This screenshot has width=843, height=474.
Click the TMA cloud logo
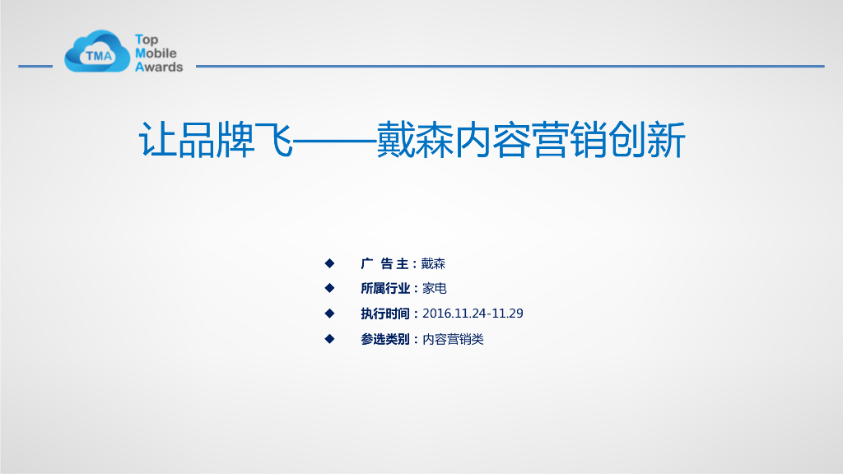(x=97, y=52)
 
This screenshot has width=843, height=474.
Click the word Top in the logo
(x=147, y=39)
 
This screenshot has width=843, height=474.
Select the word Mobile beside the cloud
(x=156, y=53)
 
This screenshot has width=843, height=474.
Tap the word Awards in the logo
(x=159, y=67)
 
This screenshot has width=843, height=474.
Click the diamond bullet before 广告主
(x=329, y=263)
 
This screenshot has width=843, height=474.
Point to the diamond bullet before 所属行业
(x=329, y=288)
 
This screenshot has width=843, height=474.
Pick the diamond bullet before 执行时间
(x=329, y=314)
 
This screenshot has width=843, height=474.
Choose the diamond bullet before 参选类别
(x=329, y=338)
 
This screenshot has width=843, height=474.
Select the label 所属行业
(x=385, y=288)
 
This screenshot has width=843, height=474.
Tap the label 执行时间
(x=385, y=314)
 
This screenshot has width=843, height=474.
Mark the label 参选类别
(x=385, y=339)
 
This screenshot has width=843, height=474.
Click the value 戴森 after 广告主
(x=433, y=263)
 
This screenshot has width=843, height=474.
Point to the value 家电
(x=435, y=288)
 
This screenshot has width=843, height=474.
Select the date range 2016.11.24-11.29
(x=473, y=314)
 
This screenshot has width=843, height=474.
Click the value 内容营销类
(x=453, y=339)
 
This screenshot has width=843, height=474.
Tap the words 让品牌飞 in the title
(x=216, y=141)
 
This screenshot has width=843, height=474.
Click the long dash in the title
(x=333, y=142)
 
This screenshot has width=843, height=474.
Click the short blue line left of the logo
(x=35, y=66)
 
